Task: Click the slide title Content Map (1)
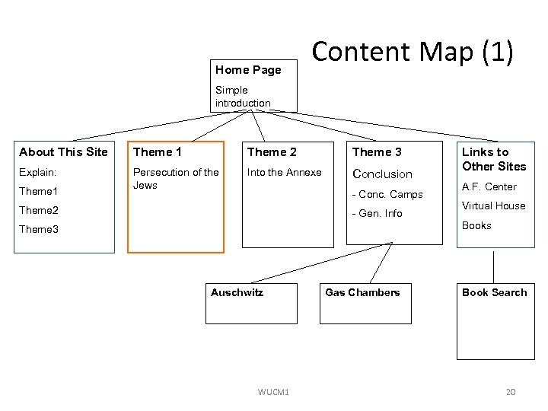click(413, 52)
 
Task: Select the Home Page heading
click(248, 70)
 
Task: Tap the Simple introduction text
click(243, 97)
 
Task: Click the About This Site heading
click(63, 152)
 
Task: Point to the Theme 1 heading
click(158, 152)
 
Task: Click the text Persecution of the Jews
click(176, 179)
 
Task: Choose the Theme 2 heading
click(272, 152)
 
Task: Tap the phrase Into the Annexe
click(284, 173)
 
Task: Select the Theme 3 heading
click(377, 152)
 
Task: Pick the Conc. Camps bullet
click(387, 195)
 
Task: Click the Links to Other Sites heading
click(494, 159)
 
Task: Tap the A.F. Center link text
click(489, 186)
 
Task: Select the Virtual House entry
click(493, 205)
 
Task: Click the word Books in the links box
click(476, 225)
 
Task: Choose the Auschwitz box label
click(237, 292)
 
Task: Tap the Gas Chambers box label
click(362, 292)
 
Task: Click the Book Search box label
click(494, 292)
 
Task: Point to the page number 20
click(511, 392)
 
